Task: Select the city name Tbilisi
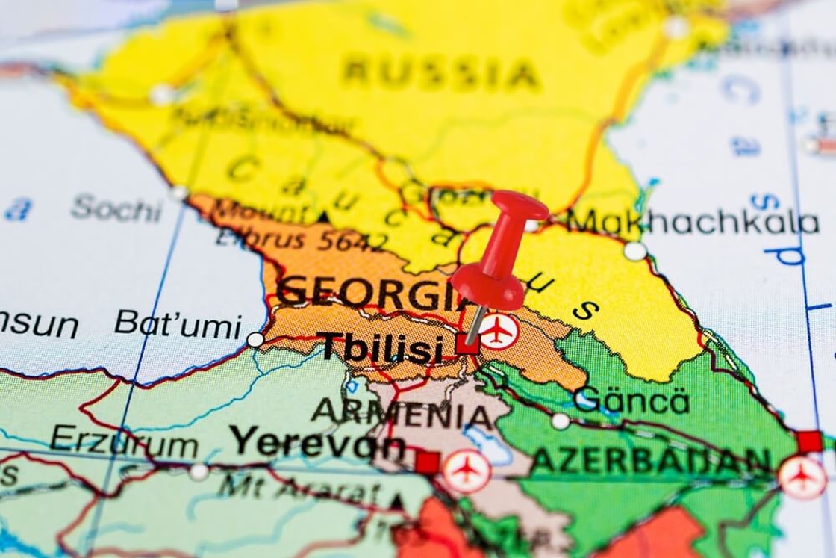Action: [381, 347]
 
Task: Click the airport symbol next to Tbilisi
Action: [498, 330]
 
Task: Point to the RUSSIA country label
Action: [440, 74]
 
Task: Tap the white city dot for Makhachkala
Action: [634, 251]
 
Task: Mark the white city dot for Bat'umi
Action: [255, 340]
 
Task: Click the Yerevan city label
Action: [317, 443]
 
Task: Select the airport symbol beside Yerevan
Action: [467, 471]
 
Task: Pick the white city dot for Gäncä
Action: [561, 421]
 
